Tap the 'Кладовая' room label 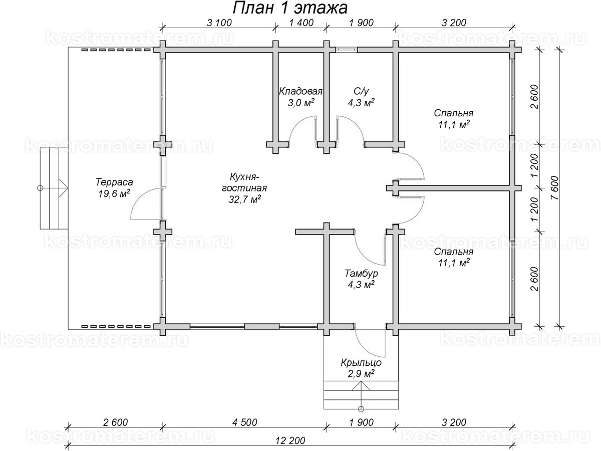300,92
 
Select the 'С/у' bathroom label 361,92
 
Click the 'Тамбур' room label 361,274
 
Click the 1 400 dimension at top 301,22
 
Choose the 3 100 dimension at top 219,22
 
